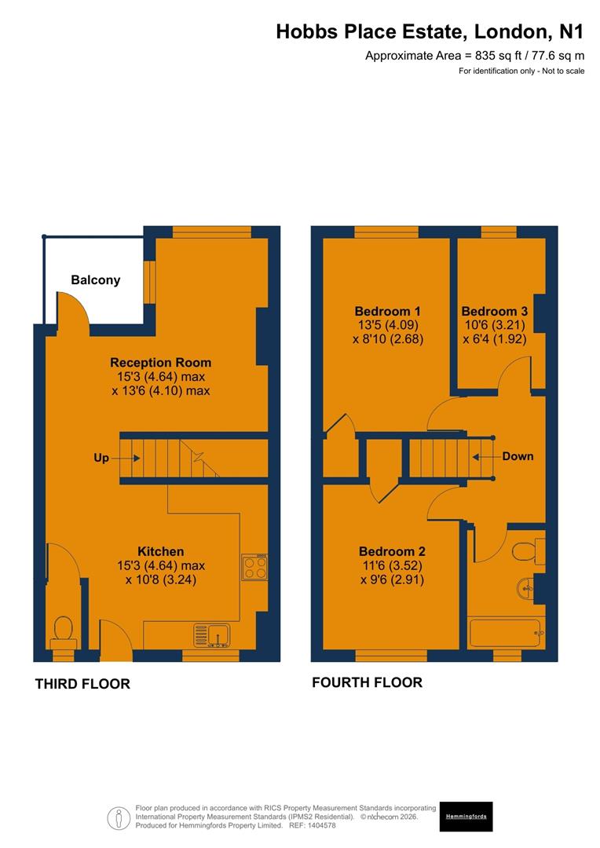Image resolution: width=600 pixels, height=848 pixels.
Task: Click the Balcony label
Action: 95,280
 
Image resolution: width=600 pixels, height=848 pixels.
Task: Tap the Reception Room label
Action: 160,363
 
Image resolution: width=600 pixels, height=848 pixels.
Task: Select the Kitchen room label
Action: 160,551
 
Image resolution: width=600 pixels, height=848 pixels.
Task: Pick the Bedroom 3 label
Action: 494,311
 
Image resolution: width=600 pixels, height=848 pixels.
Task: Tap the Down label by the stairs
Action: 518,456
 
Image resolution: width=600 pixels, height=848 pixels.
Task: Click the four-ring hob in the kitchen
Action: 254,566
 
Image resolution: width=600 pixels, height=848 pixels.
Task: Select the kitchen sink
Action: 211,633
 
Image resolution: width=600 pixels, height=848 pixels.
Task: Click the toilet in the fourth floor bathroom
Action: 527,551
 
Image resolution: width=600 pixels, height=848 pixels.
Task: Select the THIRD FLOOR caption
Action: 82,684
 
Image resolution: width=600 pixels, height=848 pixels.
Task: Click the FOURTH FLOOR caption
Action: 367,682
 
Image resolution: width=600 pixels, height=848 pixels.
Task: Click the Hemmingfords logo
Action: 466,817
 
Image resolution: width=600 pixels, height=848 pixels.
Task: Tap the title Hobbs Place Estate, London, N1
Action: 430,31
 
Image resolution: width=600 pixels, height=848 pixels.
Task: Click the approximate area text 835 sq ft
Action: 474,56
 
